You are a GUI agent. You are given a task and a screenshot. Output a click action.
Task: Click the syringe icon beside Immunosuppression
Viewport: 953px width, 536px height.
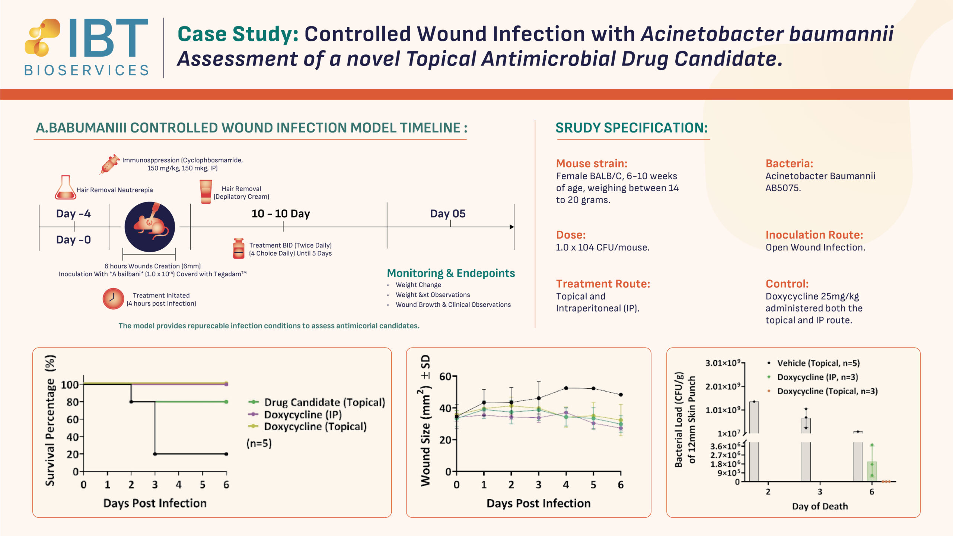[x=109, y=164]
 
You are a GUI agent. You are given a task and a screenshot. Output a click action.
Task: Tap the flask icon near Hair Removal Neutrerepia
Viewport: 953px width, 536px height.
[x=65, y=188]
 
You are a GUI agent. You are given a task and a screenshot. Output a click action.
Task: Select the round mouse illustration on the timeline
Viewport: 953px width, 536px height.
[x=150, y=227]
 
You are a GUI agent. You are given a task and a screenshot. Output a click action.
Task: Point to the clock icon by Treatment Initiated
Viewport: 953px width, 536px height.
[x=113, y=299]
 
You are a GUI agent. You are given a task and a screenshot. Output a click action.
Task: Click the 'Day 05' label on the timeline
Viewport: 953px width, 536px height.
[x=447, y=214]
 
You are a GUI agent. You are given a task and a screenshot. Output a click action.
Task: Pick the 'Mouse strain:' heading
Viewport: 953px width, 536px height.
[x=592, y=163]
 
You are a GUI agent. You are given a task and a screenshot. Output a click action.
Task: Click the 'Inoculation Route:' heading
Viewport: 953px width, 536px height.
[x=814, y=235]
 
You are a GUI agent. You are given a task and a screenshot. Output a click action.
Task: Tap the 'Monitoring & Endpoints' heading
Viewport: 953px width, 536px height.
[x=451, y=273]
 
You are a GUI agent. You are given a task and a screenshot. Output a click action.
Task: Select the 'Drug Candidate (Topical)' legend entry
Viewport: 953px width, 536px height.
[x=324, y=402]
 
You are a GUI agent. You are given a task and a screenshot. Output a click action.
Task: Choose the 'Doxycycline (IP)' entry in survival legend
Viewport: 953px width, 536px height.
[x=302, y=415]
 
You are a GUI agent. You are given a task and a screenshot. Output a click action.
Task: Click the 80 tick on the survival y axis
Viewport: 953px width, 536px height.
[x=72, y=402]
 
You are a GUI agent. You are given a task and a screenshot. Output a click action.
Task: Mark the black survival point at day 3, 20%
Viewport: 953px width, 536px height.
[x=155, y=454]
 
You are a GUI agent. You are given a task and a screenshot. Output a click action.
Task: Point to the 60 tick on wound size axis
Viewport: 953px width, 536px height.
[x=445, y=377]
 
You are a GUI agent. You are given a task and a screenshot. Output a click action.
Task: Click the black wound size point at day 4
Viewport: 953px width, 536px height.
[x=566, y=388]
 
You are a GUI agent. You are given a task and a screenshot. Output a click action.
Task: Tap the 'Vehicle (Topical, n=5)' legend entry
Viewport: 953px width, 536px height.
[x=818, y=363]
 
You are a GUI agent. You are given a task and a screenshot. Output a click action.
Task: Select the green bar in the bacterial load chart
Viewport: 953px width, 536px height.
[x=872, y=471]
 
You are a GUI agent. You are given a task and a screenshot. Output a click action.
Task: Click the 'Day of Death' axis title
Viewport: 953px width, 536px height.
[x=820, y=506]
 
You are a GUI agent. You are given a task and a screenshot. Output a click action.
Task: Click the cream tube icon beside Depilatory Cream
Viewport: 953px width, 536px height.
[x=205, y=192]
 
